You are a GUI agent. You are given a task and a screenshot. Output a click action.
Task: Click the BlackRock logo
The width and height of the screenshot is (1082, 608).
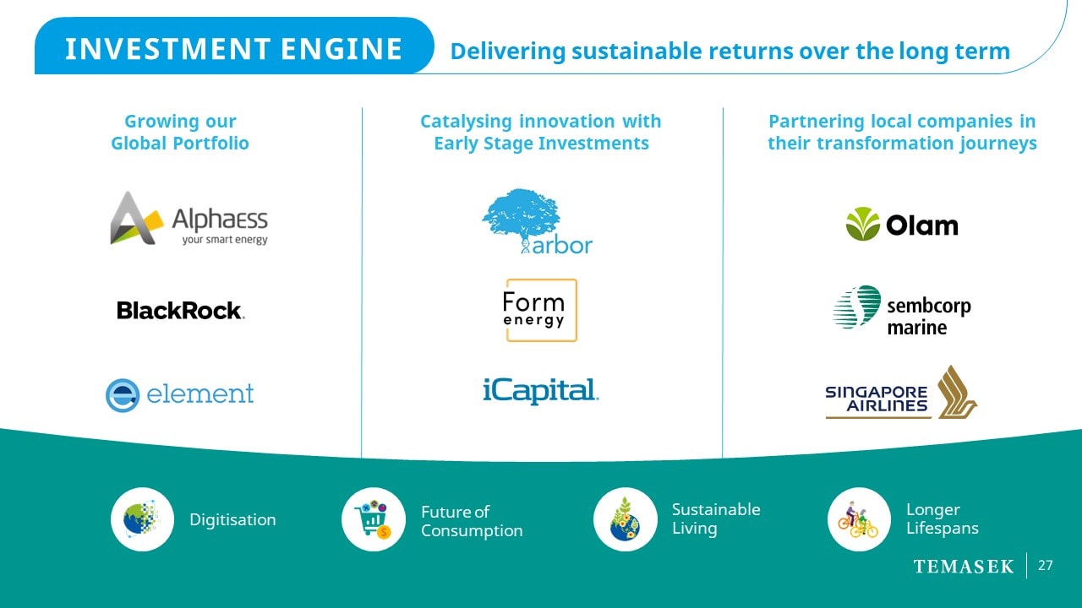tap(181, 310)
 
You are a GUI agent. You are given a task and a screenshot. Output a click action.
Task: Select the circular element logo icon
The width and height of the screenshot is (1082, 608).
tap(123, 395)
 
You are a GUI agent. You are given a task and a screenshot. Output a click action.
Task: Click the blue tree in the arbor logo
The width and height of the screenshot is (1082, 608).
tap(522, 217)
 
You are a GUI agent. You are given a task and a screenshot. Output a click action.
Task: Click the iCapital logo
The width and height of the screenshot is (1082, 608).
tap(540, 391)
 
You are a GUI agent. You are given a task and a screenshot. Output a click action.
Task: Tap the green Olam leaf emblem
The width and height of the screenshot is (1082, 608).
tap(863, 224)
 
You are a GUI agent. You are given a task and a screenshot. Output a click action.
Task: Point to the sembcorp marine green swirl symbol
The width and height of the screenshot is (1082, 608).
tap(857, 307)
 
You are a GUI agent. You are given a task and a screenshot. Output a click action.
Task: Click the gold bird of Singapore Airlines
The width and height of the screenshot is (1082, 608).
tap(956, 393)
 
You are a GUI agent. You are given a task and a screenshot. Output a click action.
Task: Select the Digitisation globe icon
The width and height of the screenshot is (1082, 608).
tap(142, 519)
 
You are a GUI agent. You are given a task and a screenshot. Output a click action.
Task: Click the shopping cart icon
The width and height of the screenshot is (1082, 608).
tap(374, 519)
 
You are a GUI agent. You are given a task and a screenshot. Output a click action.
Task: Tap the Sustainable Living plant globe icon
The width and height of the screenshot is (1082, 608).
tap(625, 519)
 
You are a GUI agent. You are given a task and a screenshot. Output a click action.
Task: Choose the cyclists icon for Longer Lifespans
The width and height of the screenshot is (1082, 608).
tap(859, 519)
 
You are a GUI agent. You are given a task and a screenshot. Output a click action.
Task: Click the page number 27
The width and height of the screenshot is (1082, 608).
tap(1046, 566)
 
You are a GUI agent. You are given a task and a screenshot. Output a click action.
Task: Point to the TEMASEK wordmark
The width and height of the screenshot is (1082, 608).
tap(964, 567)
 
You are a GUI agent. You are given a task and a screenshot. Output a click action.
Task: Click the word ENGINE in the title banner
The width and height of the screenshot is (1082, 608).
tap(342, 49)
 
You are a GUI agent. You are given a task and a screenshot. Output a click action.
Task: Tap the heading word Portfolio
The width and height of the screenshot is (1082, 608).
tap(210, 143)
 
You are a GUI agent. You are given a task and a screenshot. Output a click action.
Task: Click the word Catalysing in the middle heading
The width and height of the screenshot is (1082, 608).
tap(466, 122)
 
